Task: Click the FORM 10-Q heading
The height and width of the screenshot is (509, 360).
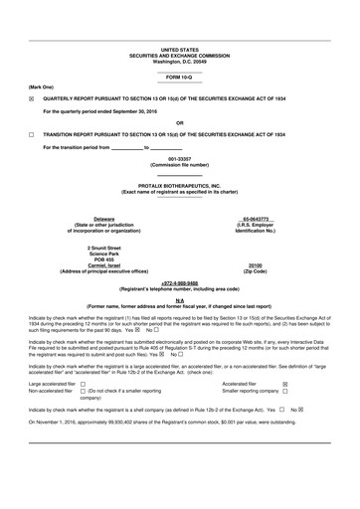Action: (x=179, y=77)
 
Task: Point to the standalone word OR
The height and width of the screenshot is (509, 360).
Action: (x=179, y=121)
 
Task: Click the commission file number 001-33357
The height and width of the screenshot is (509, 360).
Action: (x=179, y=158)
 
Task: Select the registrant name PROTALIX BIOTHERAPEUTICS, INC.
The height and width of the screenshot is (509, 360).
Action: (x=179, y=185)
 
